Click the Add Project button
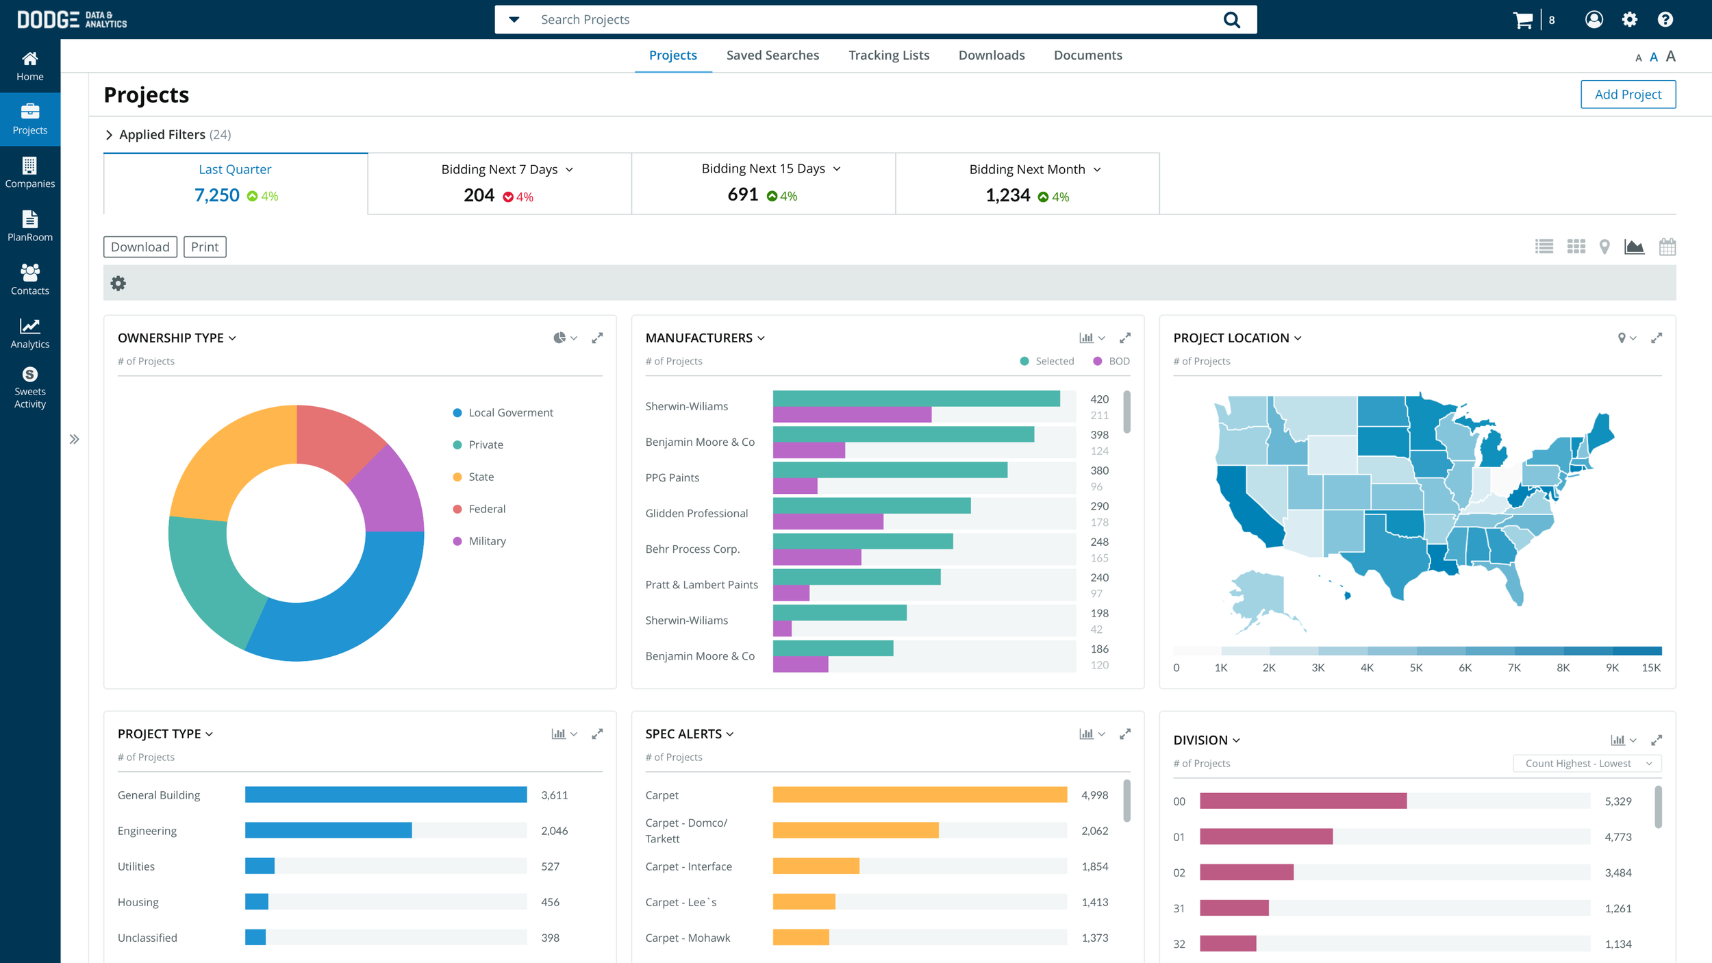coord(1627,95)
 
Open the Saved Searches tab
coord(772,55)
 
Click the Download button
coord(140,247)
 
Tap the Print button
coord(204,247)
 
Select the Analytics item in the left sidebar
coord(29,334)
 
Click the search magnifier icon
coord(1231,20)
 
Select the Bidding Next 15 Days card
coord(763,183)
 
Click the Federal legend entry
coord(486,509)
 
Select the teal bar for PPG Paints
coord(889,470)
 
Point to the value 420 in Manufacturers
coord(1099,399)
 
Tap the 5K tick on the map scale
coord(1415,668)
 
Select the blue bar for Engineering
coord(328,830)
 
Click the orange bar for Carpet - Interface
coord(815,866)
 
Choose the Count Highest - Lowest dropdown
coord(1587,764)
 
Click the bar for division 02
coord(1246,873)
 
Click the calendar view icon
coord(1667,247)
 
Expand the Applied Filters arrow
coord(109,135)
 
